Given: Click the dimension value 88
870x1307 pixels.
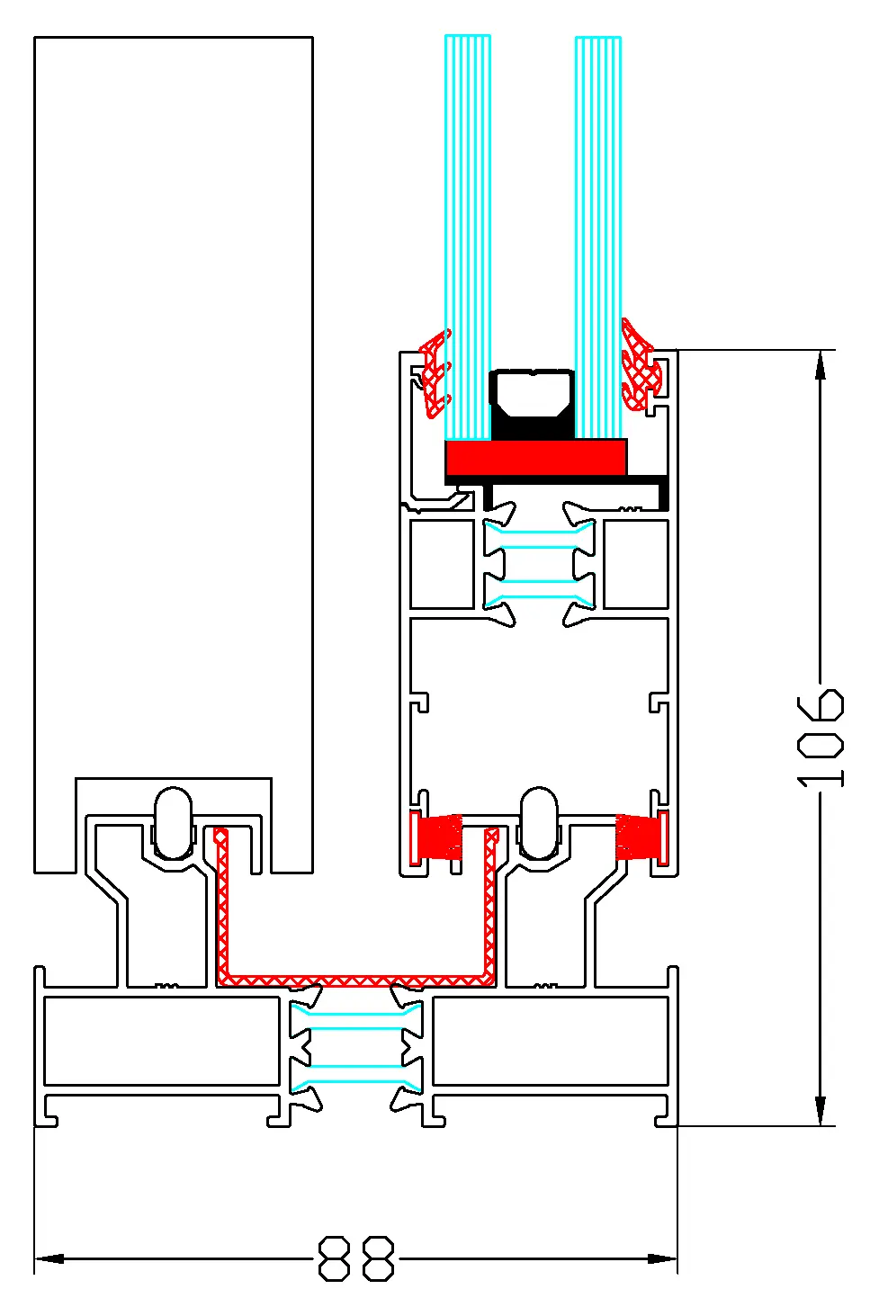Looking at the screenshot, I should point(357,1258).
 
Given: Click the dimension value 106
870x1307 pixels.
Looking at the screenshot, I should point(821,739).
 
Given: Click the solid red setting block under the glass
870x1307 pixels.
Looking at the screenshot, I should point(536,457).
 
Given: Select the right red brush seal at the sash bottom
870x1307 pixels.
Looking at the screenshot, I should point(637,837).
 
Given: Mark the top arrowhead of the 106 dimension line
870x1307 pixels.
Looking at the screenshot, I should point(821,364).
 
